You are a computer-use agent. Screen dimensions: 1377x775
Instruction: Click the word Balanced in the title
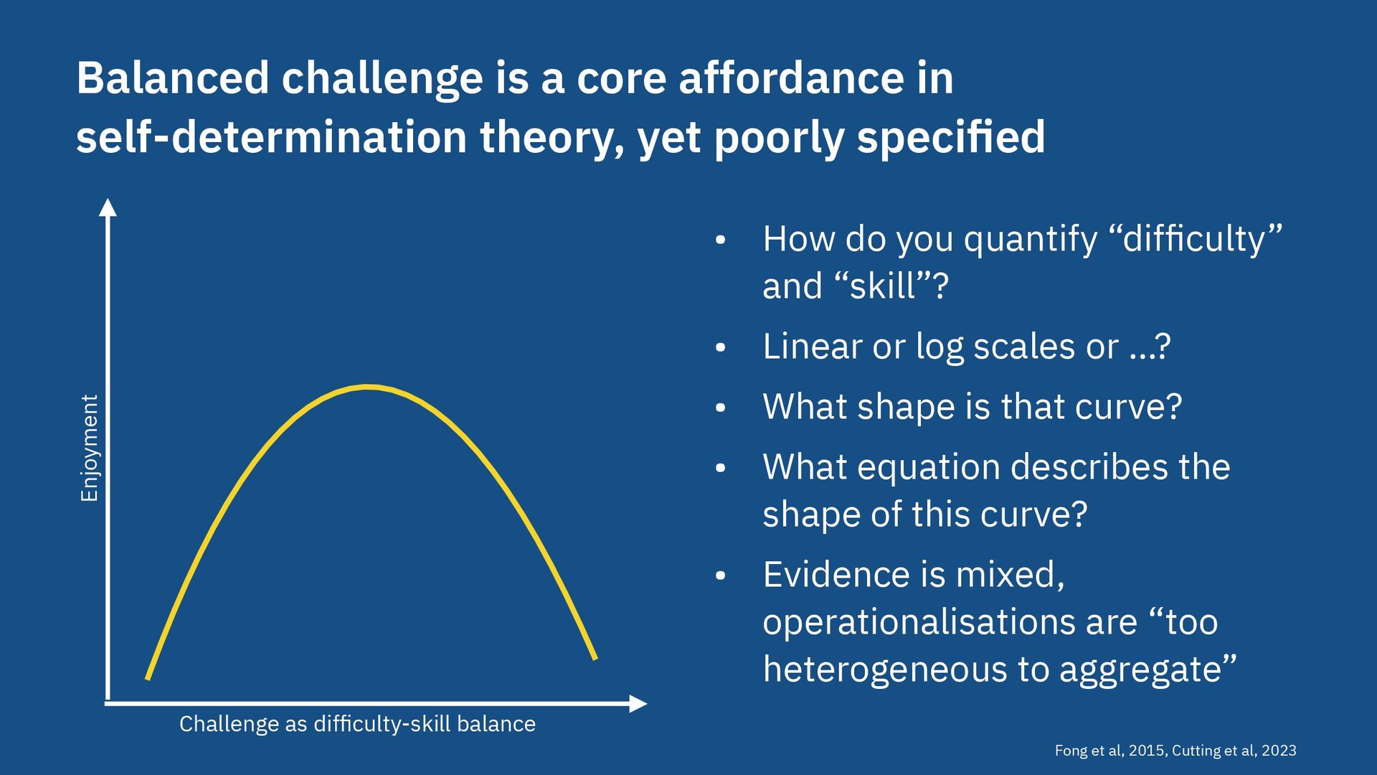tap(173, 77)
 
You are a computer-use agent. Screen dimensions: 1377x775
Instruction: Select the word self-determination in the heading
tap(272, 137)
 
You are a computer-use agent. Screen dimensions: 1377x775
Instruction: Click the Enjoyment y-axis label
tap(89, 448)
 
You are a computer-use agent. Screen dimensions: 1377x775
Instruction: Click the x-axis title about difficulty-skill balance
tap(357, 724)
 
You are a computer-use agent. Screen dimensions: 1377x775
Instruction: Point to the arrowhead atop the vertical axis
tap(108, 207)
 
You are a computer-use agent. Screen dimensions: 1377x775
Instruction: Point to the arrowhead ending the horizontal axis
tap(638, 704)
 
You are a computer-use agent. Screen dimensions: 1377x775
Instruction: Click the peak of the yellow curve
tap(368, 387)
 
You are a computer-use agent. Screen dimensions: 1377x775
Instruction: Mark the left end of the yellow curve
tap(148, 677)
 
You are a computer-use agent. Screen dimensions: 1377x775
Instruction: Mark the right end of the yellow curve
tap(595, 657)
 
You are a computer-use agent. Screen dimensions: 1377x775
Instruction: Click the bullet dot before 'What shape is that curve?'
tap(721, 408)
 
